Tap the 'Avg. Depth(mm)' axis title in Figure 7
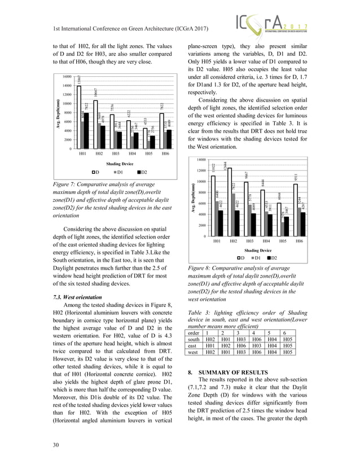click(x=52, y=113)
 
